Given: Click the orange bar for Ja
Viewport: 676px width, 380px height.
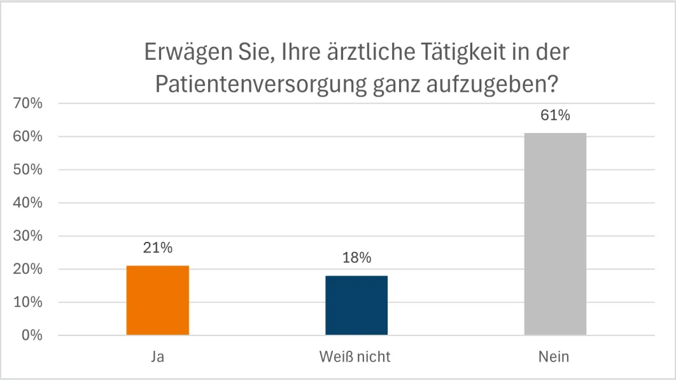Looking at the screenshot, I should [158, 300].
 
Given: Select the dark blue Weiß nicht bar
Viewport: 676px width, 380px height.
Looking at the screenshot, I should [356, 305].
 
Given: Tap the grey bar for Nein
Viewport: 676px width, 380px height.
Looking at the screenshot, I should [555, 234].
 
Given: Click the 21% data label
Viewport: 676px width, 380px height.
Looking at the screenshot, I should [158, 248].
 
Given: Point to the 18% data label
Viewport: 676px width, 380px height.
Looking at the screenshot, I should [356, 258].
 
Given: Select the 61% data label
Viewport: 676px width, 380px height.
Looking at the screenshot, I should [555, 116].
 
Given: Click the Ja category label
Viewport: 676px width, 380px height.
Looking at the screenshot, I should [158, 357].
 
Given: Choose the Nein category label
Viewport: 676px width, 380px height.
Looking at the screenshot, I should [555, 357].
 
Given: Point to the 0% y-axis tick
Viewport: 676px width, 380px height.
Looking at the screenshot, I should [31, 335].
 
